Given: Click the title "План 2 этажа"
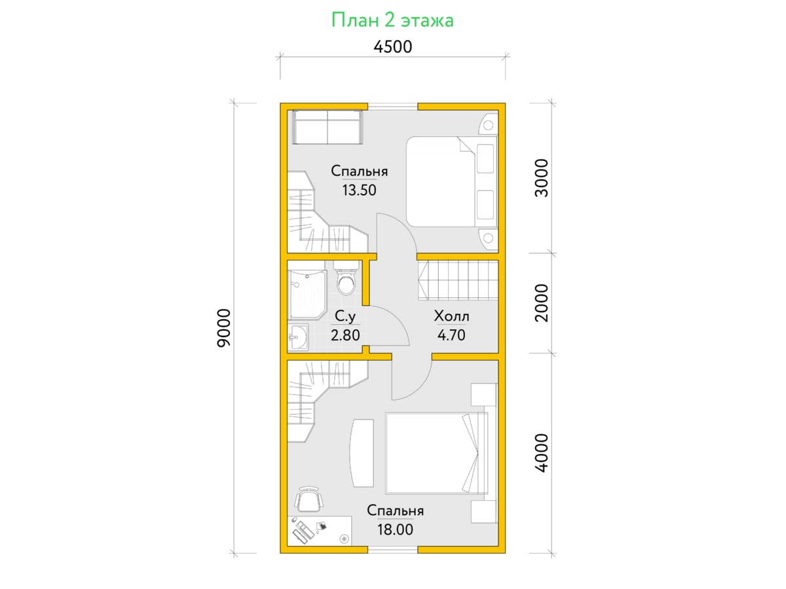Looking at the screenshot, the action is (392, 20).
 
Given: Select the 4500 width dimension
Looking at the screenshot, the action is (393, 47).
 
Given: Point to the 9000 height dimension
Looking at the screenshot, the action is (224, 328).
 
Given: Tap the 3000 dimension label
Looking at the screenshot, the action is (541, 178).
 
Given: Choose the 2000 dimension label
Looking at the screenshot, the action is (541, 303).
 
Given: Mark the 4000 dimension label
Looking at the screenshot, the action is (541, 453).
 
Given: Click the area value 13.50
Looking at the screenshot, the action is (359, 190).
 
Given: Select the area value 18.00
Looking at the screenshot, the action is (395, 529).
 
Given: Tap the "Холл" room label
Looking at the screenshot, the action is (451, 316).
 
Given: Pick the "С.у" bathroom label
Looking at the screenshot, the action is (345, 316).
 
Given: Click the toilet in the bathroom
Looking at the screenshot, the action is (346, 278).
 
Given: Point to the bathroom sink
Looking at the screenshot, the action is (298, 336).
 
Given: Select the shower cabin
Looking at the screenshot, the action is (307, 294).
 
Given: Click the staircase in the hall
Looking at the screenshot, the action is (458, 280).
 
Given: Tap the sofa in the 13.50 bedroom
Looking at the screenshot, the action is (327, 128).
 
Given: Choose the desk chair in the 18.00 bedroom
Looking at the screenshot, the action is (309, 499).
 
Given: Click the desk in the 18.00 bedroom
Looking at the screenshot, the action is (320, 531).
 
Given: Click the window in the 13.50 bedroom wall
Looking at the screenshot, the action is (393, 107).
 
